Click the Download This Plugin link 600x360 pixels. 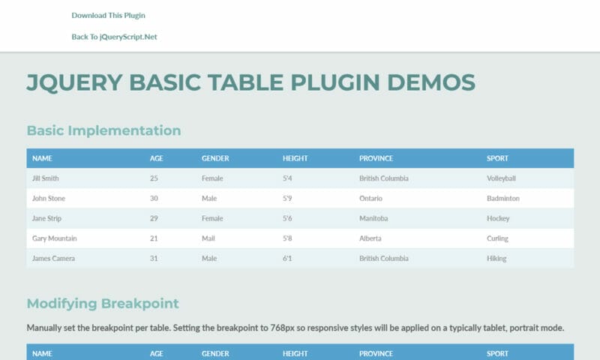point(108,15)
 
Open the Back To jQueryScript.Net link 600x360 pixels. point(114,37)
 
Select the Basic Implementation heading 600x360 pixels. point(103,130)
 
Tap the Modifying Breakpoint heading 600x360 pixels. point(103,304)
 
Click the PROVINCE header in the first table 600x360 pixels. point(376,158)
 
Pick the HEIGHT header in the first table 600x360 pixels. point(295,158)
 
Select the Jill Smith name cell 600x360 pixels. point(46,178)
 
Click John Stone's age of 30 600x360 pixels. point(154,198)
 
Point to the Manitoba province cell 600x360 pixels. point(373,218)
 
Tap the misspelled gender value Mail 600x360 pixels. point(208,238)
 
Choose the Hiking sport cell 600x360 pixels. point(496,259)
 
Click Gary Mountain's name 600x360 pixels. point(54,238)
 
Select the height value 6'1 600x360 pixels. point(287,258)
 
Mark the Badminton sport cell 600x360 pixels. point(502,198)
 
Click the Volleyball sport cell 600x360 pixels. point(501,178)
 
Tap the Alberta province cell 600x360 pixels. point(370,238)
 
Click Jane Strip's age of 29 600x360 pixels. point(154,218)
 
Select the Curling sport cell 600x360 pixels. point(497,238)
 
